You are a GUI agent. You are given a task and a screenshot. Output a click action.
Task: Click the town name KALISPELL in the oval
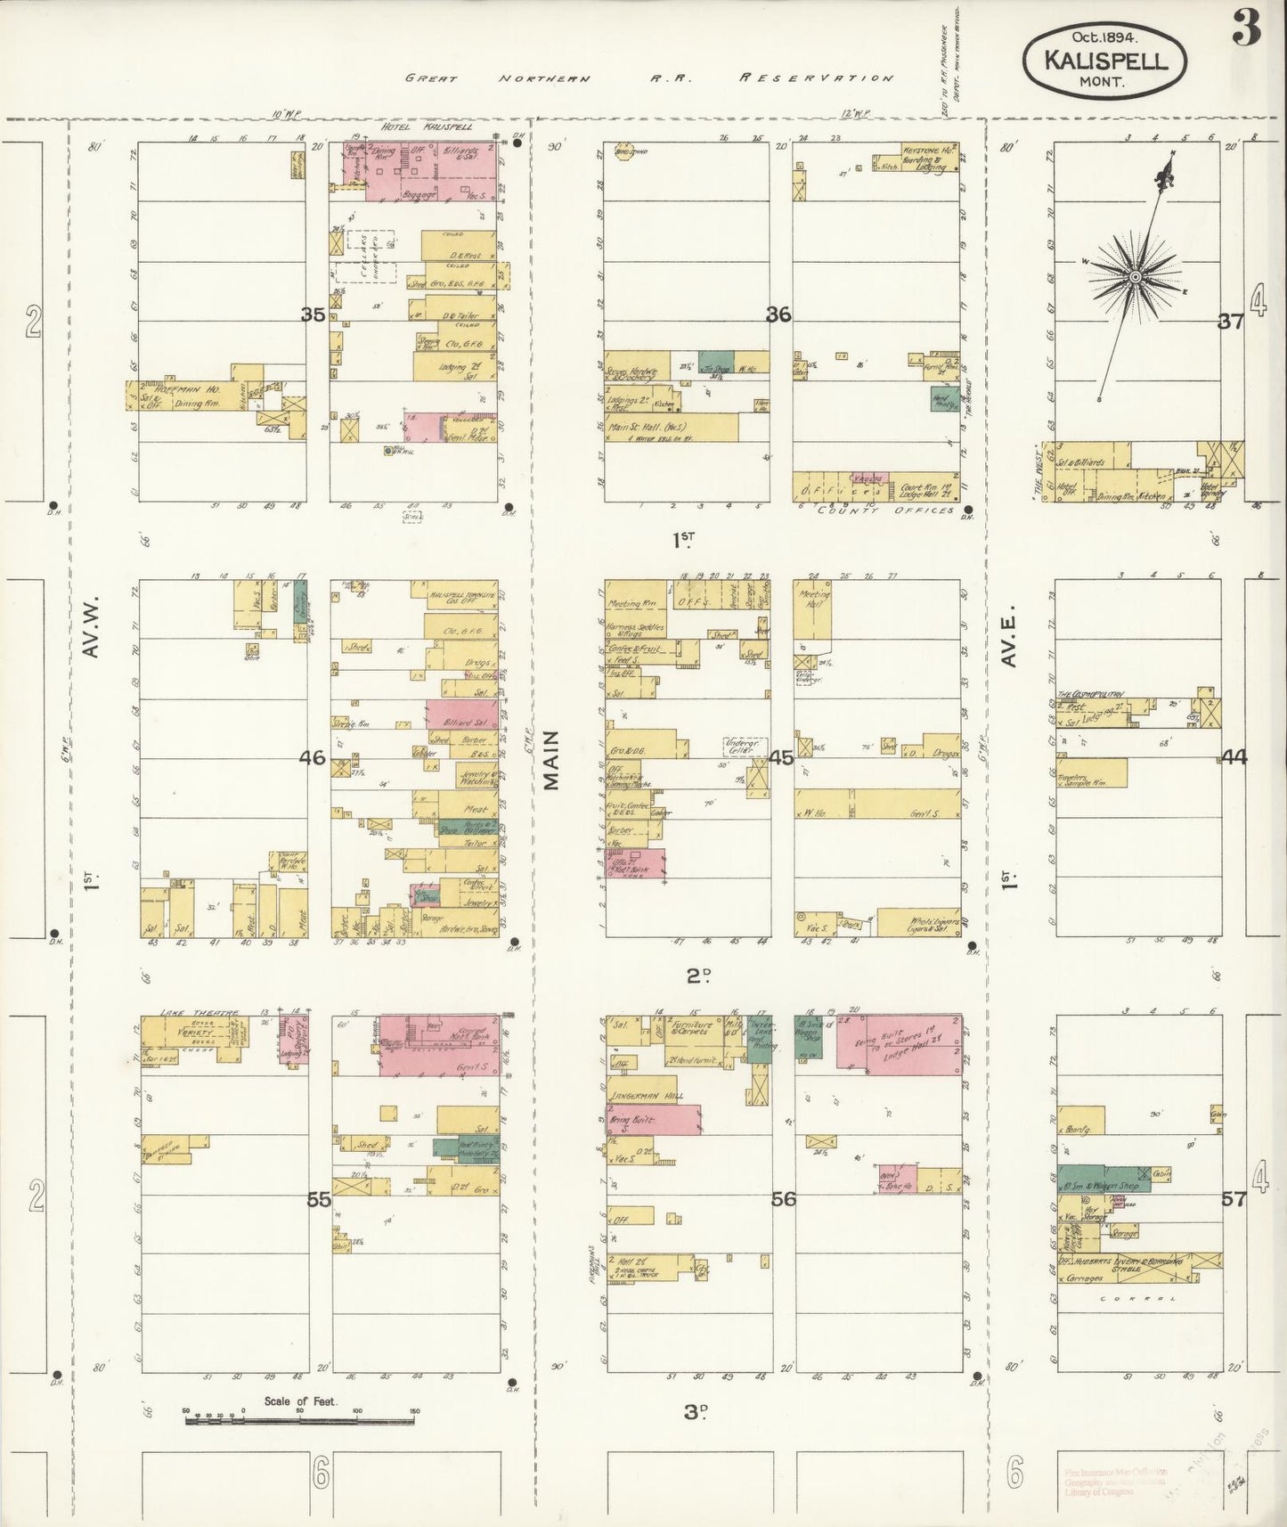point(1106,61)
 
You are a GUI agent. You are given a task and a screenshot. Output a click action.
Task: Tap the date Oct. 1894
point(1104,37)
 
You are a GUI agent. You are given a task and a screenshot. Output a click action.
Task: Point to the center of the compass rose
point(1136,277)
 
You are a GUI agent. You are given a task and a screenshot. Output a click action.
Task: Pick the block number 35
point(313,314)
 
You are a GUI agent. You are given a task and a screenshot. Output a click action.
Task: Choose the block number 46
point(313,758)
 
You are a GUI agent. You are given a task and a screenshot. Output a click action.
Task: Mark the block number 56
point(783,1199)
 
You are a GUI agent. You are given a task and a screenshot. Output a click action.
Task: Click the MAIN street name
point(550,760)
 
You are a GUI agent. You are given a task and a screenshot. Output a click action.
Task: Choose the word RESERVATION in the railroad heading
point(815,78)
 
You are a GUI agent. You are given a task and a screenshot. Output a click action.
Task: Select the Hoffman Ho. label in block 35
point(175,388)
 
